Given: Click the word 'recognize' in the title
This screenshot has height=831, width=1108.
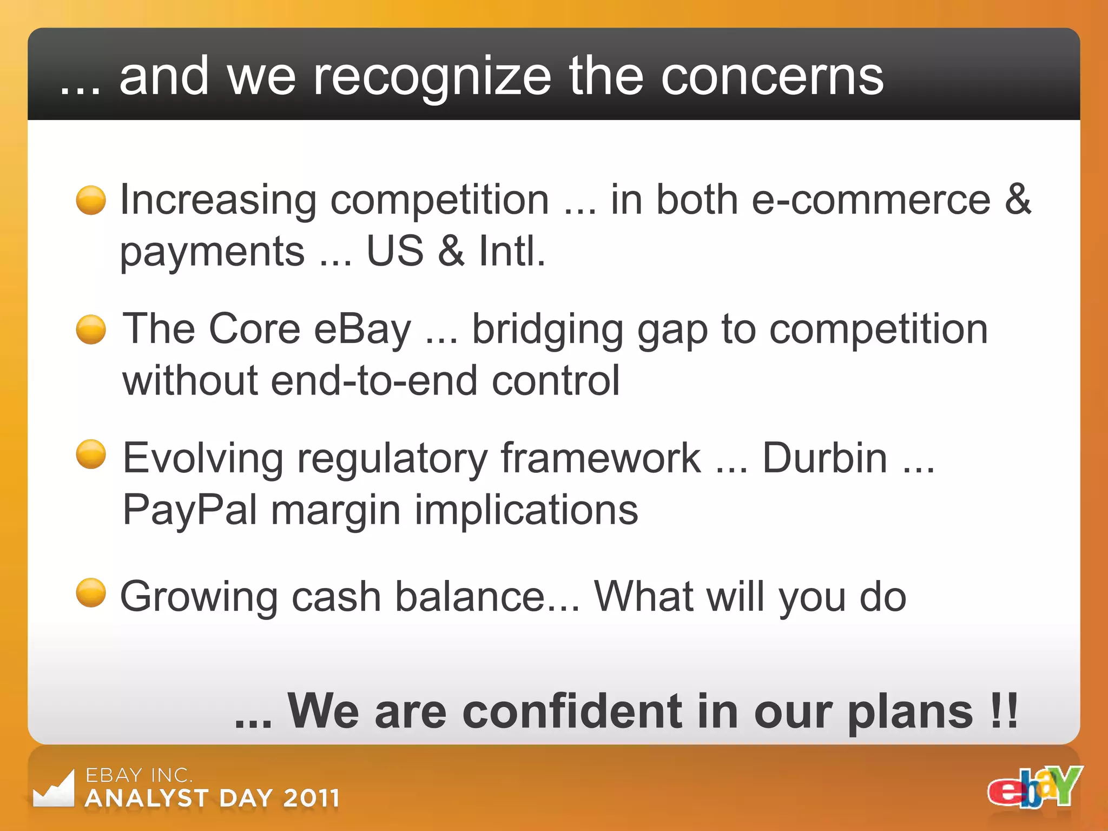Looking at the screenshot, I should (433, 77).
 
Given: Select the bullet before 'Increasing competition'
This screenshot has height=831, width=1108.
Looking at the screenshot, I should (91, 200).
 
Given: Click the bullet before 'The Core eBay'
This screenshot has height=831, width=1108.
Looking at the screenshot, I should (91, 329).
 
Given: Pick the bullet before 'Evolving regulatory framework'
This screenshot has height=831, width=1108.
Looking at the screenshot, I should (91, 454).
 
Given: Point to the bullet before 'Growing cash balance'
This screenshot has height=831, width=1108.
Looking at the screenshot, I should (91, 592).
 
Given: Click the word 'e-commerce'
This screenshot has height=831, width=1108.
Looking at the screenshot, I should (871, 200).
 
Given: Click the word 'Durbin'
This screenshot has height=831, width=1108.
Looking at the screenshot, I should (825, 458).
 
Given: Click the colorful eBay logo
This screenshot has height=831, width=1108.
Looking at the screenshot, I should (1034, 788).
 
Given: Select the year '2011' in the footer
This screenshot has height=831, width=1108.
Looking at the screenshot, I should (311, 798).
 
